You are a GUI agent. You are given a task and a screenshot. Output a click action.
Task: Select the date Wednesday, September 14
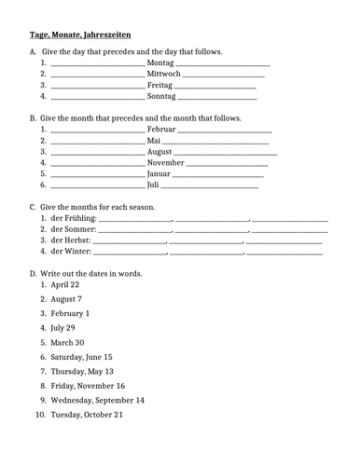[x=97, y=400]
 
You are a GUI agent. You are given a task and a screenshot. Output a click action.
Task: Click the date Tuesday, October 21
[x=87, y=415]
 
